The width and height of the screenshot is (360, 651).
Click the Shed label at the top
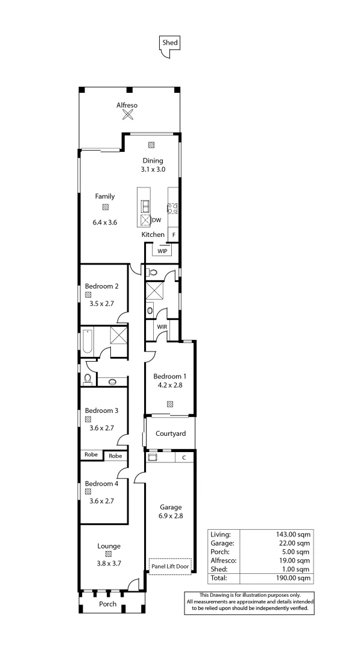click(170, 43)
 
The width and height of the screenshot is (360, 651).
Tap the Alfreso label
click(127, 105)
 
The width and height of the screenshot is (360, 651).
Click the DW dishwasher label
click(156, 220)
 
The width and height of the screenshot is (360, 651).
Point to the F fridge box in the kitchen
click(174, 234)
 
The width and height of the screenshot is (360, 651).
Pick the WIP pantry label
click(162, 251)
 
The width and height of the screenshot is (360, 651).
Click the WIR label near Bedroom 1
click(162, 327)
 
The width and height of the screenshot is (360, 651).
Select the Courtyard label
click(171, 433)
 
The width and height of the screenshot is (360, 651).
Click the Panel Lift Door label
click(171, 566)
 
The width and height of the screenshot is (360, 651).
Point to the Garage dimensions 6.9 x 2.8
click(171, 516)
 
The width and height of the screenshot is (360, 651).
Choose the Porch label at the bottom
click(108, 604)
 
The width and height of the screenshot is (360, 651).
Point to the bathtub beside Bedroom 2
click(88, 341)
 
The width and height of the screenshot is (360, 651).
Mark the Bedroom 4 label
click(101, 483)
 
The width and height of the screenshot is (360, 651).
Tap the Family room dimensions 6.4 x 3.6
click(104, 222)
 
